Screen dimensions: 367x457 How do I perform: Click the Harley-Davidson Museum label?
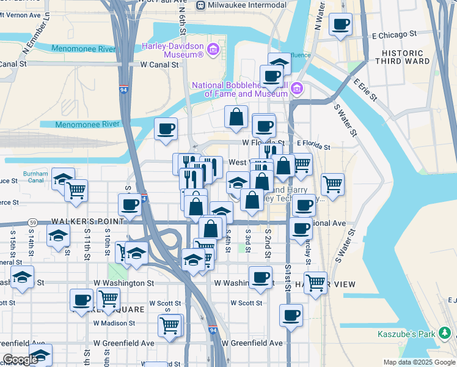pyautogui.click(x=173, y=50)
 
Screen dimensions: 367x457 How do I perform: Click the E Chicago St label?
pyautogui.click(x=393, y=35)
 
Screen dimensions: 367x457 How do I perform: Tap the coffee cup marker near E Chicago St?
pyautogui.click(x=340, y=25)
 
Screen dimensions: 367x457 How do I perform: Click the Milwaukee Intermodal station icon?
pyautogui.click(x=200, y=5)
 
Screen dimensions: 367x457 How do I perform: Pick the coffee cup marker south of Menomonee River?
pyautogui.click(x=166, y=129)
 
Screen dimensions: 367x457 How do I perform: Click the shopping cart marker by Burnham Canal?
pyautogui.click(x=76, y=190)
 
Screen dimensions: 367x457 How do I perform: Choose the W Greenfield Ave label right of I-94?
pyautogui.click(x=252, y=343)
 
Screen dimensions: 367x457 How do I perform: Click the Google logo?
pyautogui.click(x=20, y=360)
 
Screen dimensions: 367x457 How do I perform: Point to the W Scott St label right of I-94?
pyautogui.click(x=246, y=303)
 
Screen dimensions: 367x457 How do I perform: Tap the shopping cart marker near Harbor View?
pyautogui.click(x=315, y=283)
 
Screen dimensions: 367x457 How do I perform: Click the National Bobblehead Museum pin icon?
pyautogui.click(x=298, y=89)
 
